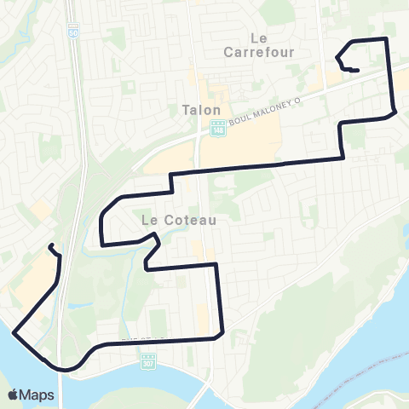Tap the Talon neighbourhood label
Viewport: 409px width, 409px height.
pyautogui.click(x=201, y=110)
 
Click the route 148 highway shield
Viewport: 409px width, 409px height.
pyautogui.click(x=216, y=128)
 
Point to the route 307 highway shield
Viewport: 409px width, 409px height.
pyautogui.click(x=148, y=362)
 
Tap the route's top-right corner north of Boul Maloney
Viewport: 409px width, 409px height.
pyautogui.click(x=388, y=39)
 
